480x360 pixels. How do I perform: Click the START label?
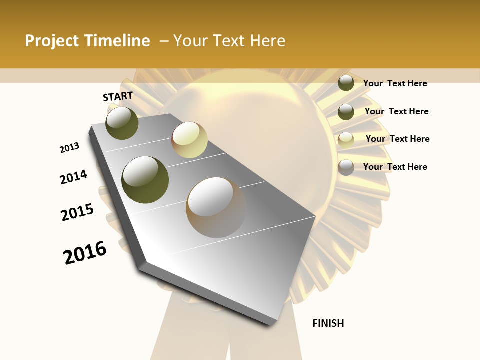click(x=118, y=96)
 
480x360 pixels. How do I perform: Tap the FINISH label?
click(x=328, y=323)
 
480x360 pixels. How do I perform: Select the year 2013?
click(x=69, y=148)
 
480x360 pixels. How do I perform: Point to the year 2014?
click(x=73, y=177)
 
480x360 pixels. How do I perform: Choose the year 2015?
click(x=77, y=212)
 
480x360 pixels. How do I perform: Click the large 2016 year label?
click(x=85, y=253)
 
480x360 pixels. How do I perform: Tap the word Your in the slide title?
click(x=190, y=41)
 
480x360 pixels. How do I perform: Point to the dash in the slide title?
click(x=164, y=41)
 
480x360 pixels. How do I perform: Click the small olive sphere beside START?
click(x=122, y=123)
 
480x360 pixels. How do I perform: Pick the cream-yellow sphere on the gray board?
click(x=189, y=140)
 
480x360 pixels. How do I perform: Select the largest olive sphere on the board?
click(x=145, y=180)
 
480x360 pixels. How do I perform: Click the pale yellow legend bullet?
click(x=346, y=140)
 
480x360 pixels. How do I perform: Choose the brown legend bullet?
click(x=346, y=167)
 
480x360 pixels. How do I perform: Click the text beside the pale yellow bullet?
click(x=397, y=139)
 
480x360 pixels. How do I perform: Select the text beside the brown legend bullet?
click(x=395, y=167)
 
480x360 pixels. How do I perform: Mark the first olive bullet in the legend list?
click(x=346, y=83)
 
